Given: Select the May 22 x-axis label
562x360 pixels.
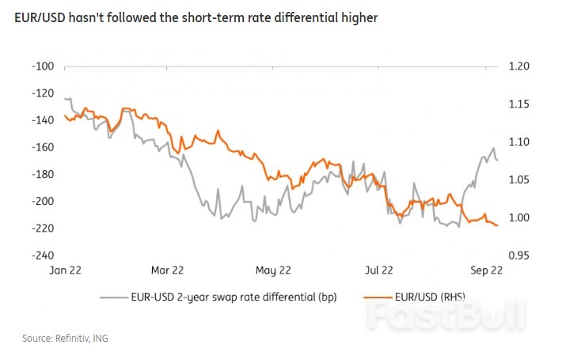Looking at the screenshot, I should coord(272,271).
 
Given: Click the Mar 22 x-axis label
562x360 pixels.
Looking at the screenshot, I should coord(167,271).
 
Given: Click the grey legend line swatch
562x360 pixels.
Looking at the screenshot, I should coord(113,297).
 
